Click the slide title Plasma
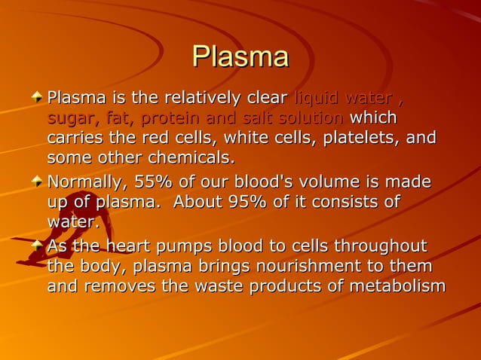tap(240, 57)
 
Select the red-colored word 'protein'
tap(169, 119)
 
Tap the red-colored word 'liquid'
tap(315, 99)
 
